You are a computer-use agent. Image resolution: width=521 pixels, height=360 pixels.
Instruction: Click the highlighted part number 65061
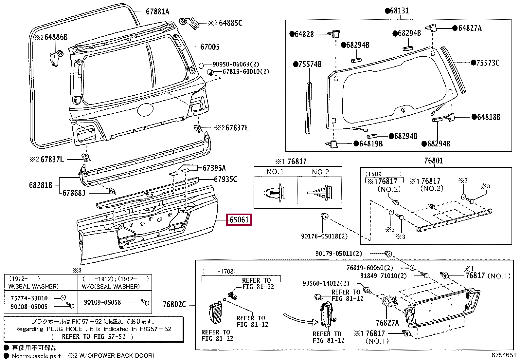239,219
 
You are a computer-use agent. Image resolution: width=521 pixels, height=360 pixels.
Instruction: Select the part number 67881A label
157,11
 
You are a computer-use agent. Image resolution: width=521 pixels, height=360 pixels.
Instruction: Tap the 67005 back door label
210,47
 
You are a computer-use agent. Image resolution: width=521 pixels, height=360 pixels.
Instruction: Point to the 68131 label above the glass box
399,10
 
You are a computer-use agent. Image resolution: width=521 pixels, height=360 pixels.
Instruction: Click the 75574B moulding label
310,64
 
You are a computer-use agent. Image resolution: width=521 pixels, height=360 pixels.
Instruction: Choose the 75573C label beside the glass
488,63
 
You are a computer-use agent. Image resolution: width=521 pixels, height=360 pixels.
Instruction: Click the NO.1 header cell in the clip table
275,172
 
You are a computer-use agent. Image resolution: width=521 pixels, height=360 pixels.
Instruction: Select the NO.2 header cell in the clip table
320,172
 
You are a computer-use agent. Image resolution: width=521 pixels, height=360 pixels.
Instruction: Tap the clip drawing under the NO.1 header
275,193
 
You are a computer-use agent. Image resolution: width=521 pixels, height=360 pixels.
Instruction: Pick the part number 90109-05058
102,302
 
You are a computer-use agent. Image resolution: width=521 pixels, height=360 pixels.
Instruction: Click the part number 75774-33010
29,298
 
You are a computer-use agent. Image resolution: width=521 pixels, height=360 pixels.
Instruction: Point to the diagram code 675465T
504,355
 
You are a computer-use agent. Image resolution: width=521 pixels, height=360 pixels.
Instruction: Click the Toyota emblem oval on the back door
145,109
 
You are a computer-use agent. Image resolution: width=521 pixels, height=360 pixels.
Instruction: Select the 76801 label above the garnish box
434,161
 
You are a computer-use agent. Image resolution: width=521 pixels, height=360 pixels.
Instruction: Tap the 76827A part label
387,323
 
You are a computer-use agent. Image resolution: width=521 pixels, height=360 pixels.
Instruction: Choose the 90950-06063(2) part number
236,64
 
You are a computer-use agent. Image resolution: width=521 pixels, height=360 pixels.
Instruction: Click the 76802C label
174,304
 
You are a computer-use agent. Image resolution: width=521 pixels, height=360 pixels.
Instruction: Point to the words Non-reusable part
36,356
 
